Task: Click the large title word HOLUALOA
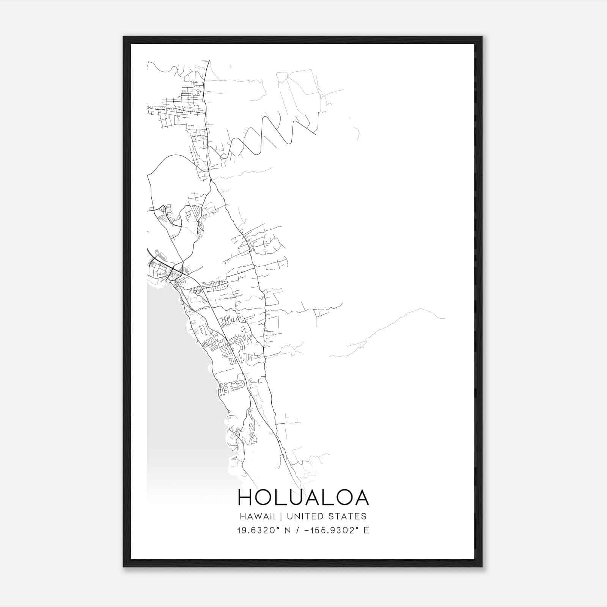[303, 497]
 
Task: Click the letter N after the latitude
[288, 530]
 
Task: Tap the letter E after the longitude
[366, 530]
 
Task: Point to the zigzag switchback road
[266, 137]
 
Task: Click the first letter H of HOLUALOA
[245, 497]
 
